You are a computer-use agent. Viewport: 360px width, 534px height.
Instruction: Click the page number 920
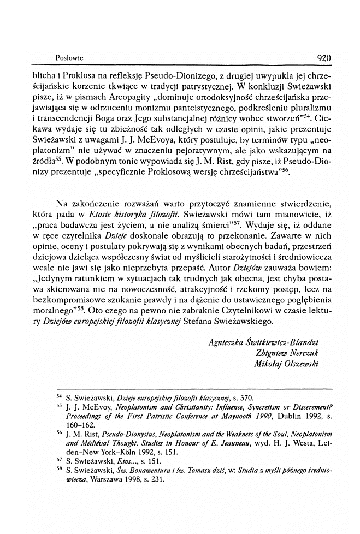pyautogui.click(x=324, y=56)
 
